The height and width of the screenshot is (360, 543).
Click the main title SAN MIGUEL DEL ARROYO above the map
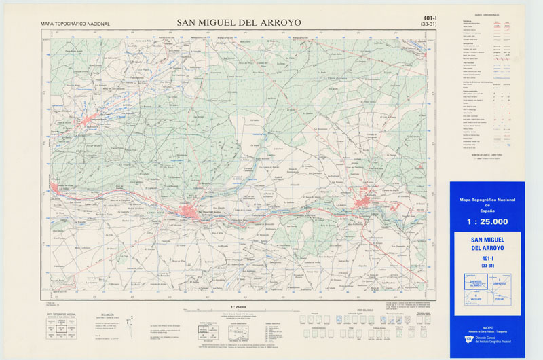point(239,22)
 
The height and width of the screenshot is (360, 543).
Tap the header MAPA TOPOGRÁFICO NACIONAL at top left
point(75,24)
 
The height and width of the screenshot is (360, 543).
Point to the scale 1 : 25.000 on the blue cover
point(487,222)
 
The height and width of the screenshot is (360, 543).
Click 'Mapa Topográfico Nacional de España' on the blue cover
point(487,204)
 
